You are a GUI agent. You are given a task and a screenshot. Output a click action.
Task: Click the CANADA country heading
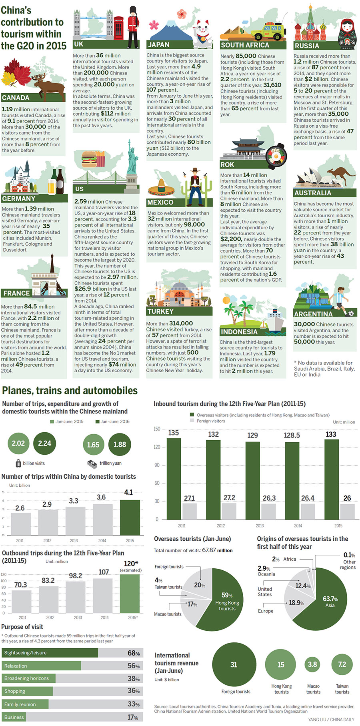(16, 98)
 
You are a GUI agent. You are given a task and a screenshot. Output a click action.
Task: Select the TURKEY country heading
(160, 311)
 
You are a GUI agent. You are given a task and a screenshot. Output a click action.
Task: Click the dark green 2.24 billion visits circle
(45, 443)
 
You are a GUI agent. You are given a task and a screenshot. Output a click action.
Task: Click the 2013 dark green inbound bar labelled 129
(252, 480)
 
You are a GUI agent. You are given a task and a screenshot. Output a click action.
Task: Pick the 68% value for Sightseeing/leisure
(134, 653)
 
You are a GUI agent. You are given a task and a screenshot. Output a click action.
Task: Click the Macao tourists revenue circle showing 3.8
(312, 665)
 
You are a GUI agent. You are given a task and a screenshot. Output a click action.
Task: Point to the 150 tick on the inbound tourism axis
(157, 429)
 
